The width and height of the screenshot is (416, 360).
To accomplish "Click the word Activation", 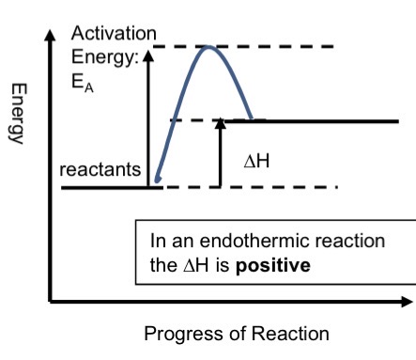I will [x=107, y=33].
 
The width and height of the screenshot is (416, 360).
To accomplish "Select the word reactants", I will [x=100, y=170].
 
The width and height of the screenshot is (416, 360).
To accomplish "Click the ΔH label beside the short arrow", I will [x=257, y=161].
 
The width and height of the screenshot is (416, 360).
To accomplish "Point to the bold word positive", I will [x=272, y=265].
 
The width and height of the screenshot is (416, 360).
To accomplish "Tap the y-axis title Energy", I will [x=18, y=112].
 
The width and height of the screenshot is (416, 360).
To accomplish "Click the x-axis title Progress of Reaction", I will [x=237, y=334].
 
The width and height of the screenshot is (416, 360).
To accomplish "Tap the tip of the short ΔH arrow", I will [x=220, y=122].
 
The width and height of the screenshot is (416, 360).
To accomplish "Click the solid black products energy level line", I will [x=329, y=120].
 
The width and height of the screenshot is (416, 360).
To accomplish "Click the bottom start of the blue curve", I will [x=156, y=180].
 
